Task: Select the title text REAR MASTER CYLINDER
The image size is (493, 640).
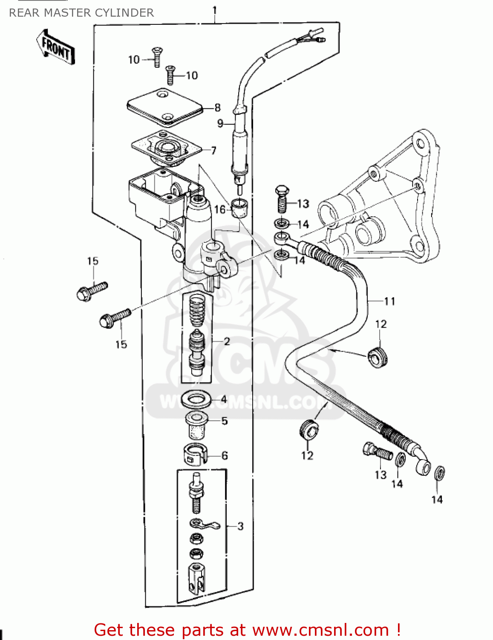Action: [x=81, y=13]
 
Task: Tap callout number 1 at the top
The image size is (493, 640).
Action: [x=215, y=9]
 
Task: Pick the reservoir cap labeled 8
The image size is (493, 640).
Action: [x=164, y=107]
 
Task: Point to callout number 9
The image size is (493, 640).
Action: [x=220, y=124]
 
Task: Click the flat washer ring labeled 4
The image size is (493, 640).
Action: [x=196, y=400]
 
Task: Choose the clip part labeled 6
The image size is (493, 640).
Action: [x=195, y=455]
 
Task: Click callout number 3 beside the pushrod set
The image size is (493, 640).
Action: [x=240, y=526]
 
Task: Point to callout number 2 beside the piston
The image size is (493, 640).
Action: [x=227, y=341]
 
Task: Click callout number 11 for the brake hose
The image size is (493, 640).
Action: [x=389, y=301]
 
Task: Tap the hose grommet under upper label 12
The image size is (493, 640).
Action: [x=378, y=357]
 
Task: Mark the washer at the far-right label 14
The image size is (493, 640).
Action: [x=439, y=473]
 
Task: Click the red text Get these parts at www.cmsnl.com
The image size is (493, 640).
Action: [x=247, y=630]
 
